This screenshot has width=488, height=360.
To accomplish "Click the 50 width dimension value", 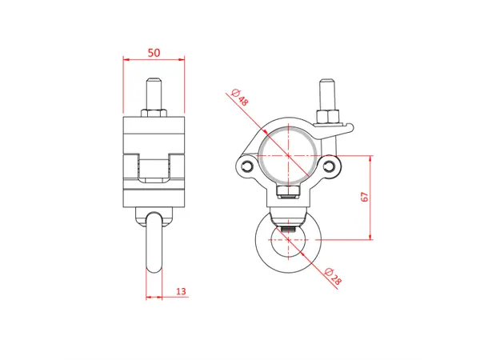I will click(x=154, y=53).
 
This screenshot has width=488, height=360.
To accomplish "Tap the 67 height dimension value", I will click(x=365, y=198).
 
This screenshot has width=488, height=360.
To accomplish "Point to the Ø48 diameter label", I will click(x=238, y=99).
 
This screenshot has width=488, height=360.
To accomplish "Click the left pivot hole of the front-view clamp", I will click(x=248, y=166).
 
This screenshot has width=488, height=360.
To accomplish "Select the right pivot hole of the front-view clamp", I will click(x=330, y=165).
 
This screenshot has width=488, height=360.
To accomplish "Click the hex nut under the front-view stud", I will click(x=328, y=117).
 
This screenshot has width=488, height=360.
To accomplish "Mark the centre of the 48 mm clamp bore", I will click(x=289, y=154).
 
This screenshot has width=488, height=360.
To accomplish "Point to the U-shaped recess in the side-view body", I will click(x=154, y=170).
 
